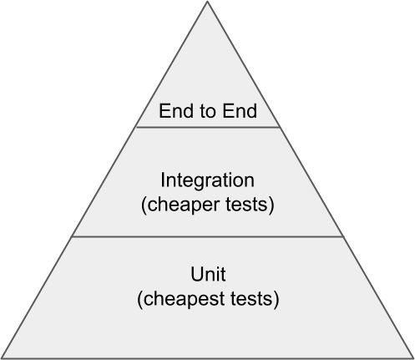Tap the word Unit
pyautogui.click(x=208, y=274)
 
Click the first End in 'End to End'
pyautogui.click(x=176, y=111)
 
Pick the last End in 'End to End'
pyautogui.click(x=240, y=111)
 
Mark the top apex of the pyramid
pyautogui.click(x=207, y=2)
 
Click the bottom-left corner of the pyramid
pyautogui.click(x=2, y=358)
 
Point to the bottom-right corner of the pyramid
pyautogui.click(x=413, y=358)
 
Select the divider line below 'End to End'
pyautogui.click(x=208, y=127)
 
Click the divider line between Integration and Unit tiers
pyautogui.click(x=207, y=236)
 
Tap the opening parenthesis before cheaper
pyautogui.click(x=144, y=205)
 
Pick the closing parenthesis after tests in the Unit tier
pyautogui.click(x=276, y=300)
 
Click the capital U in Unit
pyautogui.click(x=197, y=274)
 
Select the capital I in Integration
pyautogui.click(x=163, y=180)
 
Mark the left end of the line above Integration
pyautogui.click(x=135, y=127)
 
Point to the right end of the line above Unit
pyautogui.click(x=343, y=236)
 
